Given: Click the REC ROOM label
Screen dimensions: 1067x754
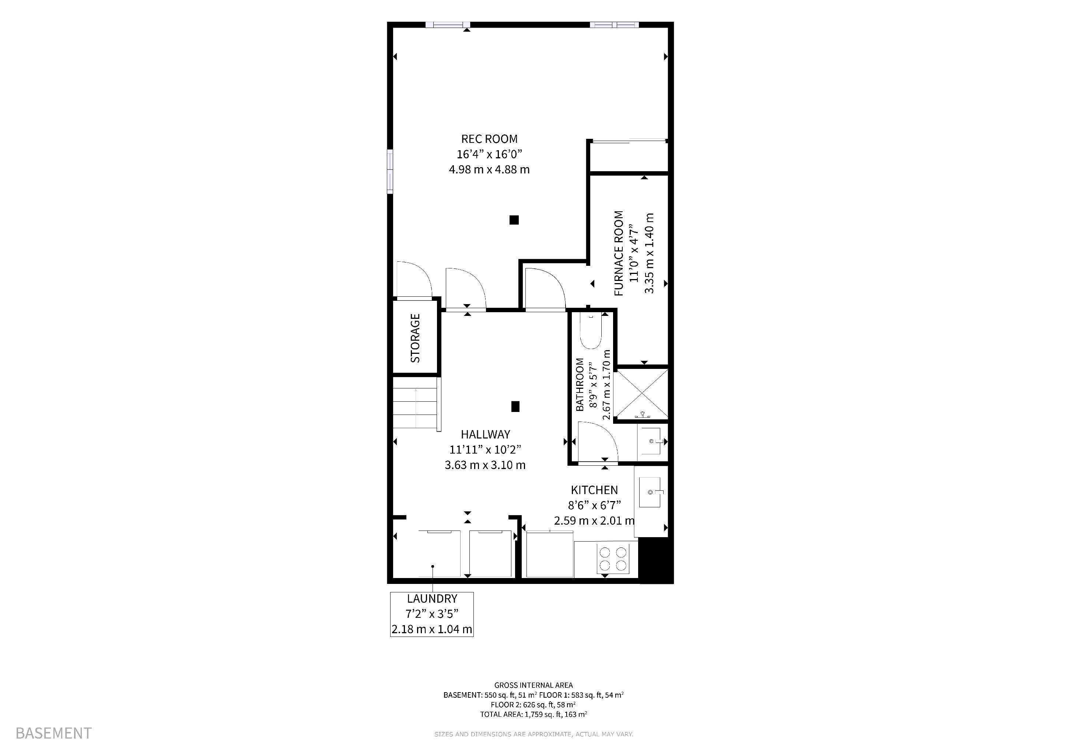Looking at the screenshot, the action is (x=489, y=139).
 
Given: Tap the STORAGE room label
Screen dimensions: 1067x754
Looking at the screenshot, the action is (x=415, y=338).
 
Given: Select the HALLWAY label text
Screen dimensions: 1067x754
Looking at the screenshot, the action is (x=485, y=434).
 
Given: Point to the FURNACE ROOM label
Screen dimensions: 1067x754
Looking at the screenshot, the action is (x=619, y=254).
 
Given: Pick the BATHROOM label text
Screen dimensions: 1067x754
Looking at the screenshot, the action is (x=580, y=384).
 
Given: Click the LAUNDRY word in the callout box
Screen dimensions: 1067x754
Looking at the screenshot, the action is (x=432, y=599).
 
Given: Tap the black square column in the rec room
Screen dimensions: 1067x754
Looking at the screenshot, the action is (x=514, y=220).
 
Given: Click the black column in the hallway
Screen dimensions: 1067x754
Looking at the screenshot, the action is (x=515, y=406).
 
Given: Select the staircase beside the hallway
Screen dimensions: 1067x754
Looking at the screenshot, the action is (x=416, y=402).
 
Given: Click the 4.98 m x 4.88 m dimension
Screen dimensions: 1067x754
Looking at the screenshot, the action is (x=489, y=169).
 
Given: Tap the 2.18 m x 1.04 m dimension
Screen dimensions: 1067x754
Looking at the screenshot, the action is (x=432, y=629).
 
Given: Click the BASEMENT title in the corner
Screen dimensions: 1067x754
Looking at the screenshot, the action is (x=53, y=733).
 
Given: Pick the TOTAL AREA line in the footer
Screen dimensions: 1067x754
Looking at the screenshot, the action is (x=533, y=714).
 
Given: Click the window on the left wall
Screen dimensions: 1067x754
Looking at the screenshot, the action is (x=390, y=171).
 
